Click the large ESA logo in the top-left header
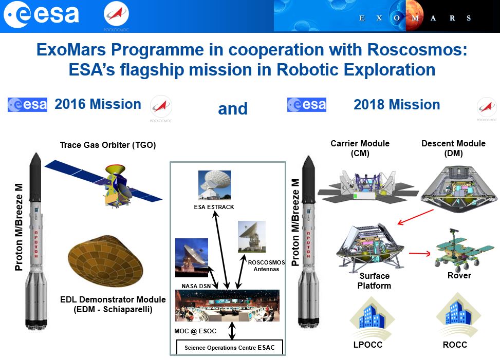[41, 15]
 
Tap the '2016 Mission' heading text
[98, 104]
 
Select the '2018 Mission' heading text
[397, 105]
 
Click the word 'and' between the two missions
[233, 109]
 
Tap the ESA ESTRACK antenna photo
[215, 185]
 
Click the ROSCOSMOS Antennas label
[263, 266]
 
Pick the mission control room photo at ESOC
[227, 306]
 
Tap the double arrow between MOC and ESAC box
[232, 331]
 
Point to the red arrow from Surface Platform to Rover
[419, 253]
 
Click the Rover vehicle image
[458, 252]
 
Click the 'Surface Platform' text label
[374, 280]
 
